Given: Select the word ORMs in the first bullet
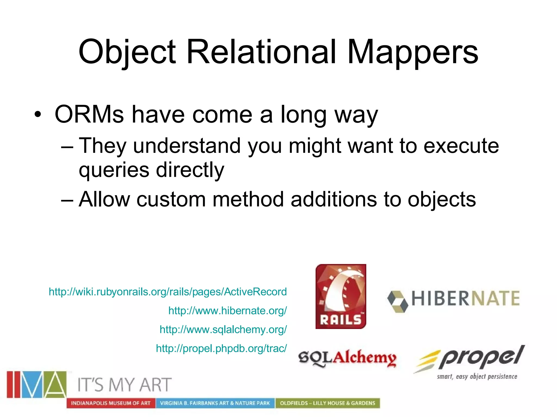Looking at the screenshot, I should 89,114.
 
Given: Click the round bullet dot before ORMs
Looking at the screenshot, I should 38,115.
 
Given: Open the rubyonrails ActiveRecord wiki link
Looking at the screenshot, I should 168,292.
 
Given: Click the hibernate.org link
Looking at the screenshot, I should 227,311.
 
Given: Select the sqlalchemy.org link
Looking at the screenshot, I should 223,329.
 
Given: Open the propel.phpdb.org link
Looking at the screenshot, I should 221,348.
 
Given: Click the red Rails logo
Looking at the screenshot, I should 341,296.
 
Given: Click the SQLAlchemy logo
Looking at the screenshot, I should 347,358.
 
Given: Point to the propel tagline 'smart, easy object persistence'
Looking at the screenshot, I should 477,377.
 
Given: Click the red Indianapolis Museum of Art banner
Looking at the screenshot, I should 111,403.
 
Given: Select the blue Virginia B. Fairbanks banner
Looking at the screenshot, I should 215,403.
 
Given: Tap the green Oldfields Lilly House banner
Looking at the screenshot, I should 327,403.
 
